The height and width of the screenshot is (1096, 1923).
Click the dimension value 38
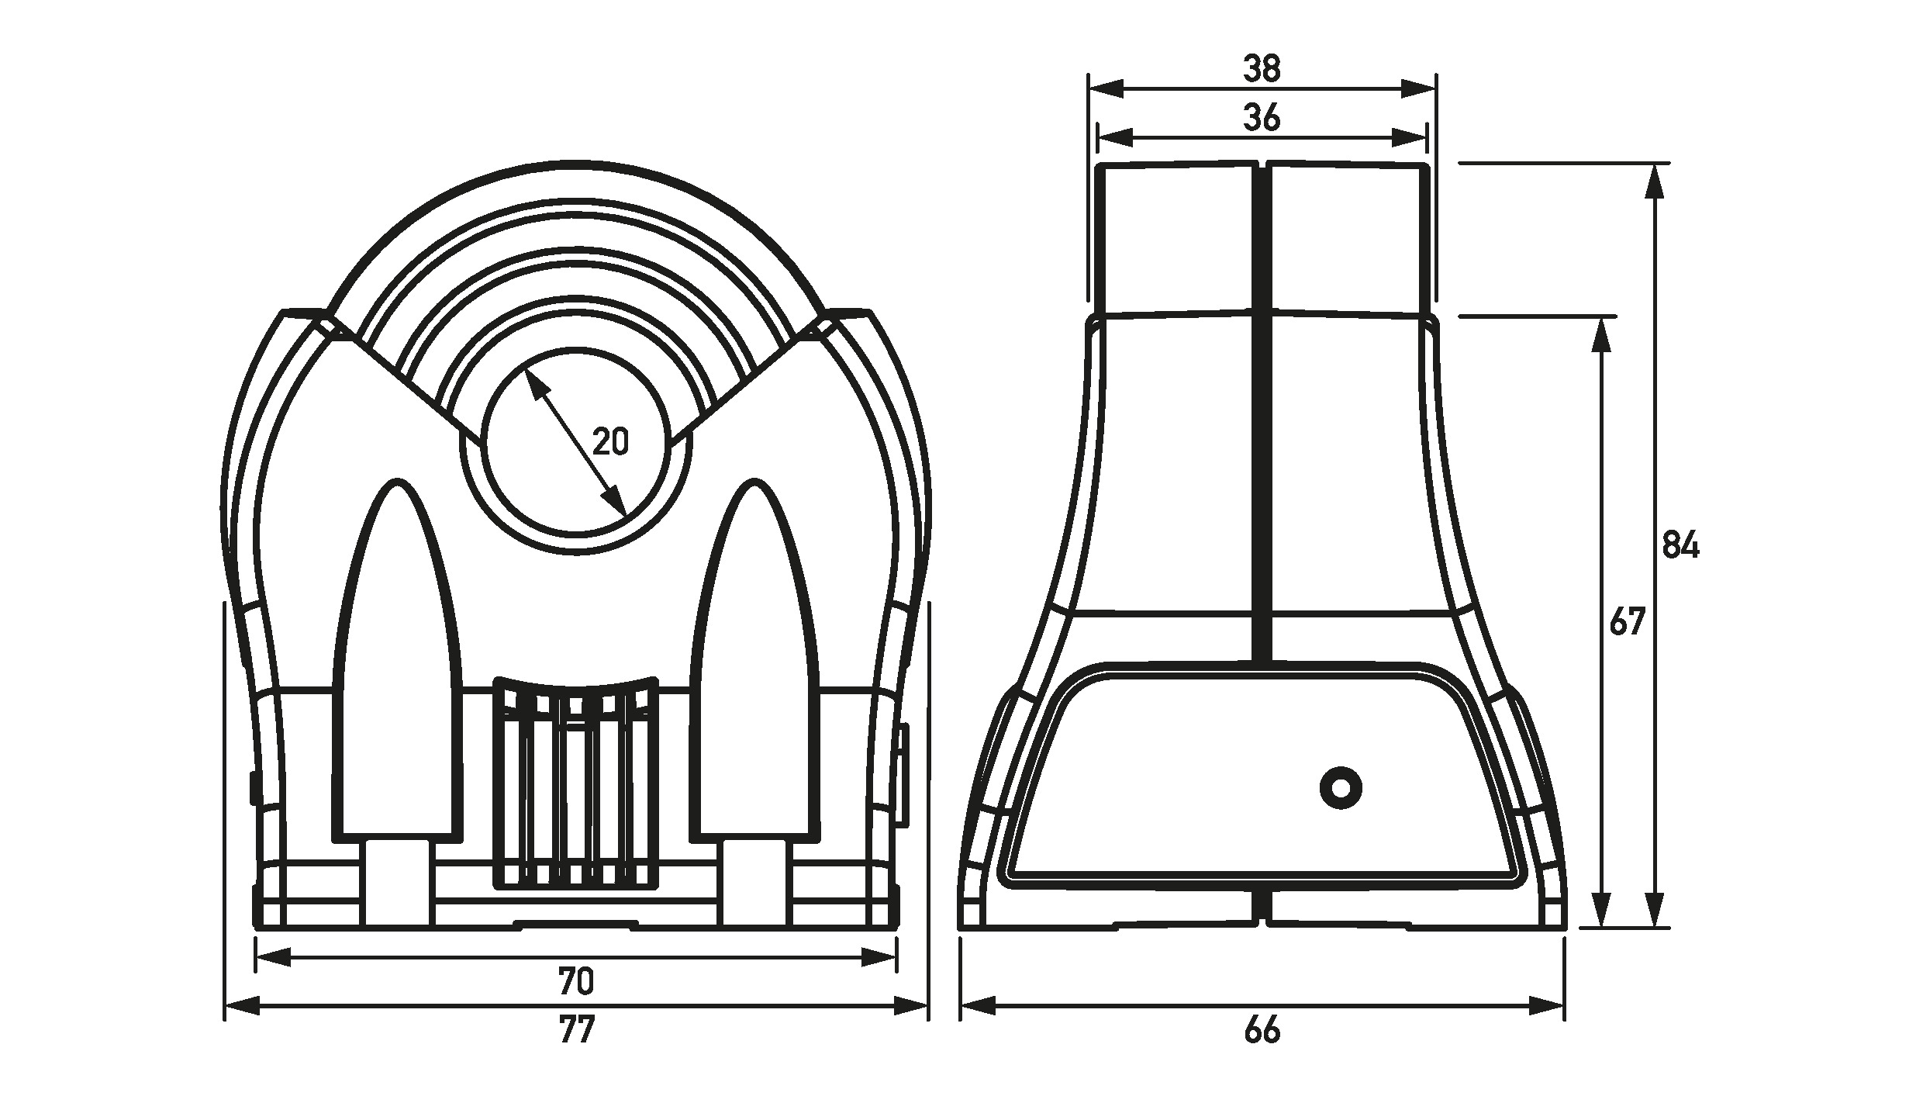[1262, 69]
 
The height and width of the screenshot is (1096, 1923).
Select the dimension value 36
[1262, 119]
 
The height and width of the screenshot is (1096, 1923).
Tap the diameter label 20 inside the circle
[610, 441]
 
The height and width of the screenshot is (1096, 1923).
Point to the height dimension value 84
[1681, 545]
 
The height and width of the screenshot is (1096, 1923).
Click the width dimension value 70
[576, 982]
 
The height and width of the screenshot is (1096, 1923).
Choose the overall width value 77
[576, 1030]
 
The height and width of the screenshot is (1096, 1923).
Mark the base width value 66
[1262, 1030]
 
